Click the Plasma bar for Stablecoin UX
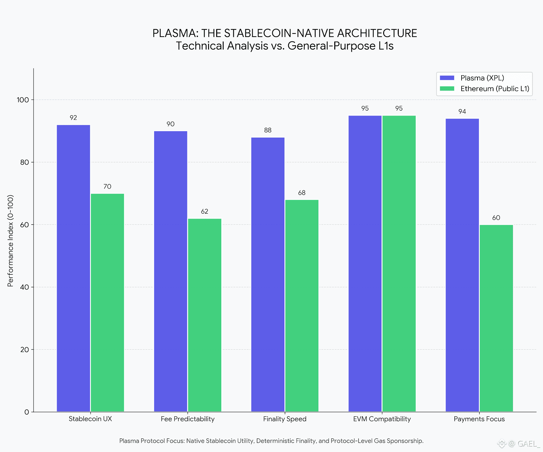pyautogui.click(x=73, y=268)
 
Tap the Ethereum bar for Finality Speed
pyautogui.click(x=302, y=305)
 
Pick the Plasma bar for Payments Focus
pyautogui.click(x=462, y=264)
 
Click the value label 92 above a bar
pyautogui.click(x=73, y=118)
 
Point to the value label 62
pyautogui.click(x=205, y=212)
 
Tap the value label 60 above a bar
pyautogui.click(x=496, y=218)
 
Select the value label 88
pyautogui.click(x=268, y=130)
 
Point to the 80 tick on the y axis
pyautogui.click(x=24, y=162)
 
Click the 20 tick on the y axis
pyautogui.click(x=24, y=350)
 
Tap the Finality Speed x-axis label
pyautogui.click(x=285, y=419)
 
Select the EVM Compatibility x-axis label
pyautogui.click(x=382, y=419)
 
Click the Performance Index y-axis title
pyautogui.click(x=11, y=241)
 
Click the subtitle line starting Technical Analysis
pyautogui.click(x=285, y=46)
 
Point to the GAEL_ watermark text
pyautogui.click(x=528, y=444)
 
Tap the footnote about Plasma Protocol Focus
pyautogui.click(x=271, y=441)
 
